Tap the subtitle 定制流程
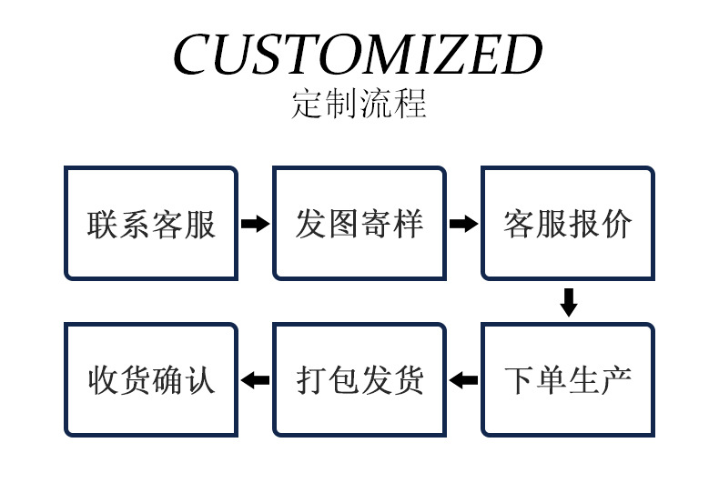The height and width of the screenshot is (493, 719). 359,104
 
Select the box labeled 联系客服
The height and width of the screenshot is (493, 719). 151,224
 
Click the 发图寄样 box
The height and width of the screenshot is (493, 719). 359,224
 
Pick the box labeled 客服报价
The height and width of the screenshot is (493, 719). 567,224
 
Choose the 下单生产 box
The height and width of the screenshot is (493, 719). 567,380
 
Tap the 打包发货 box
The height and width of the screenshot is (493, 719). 359,380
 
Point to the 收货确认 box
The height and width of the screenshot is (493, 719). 151,380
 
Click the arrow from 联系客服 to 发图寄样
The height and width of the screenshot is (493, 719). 255,224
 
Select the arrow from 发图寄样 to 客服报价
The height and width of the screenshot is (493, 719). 463,224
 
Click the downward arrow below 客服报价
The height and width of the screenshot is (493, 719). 569,302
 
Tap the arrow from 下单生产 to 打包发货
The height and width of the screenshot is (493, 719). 463,380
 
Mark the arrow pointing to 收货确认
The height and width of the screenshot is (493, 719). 255,380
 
